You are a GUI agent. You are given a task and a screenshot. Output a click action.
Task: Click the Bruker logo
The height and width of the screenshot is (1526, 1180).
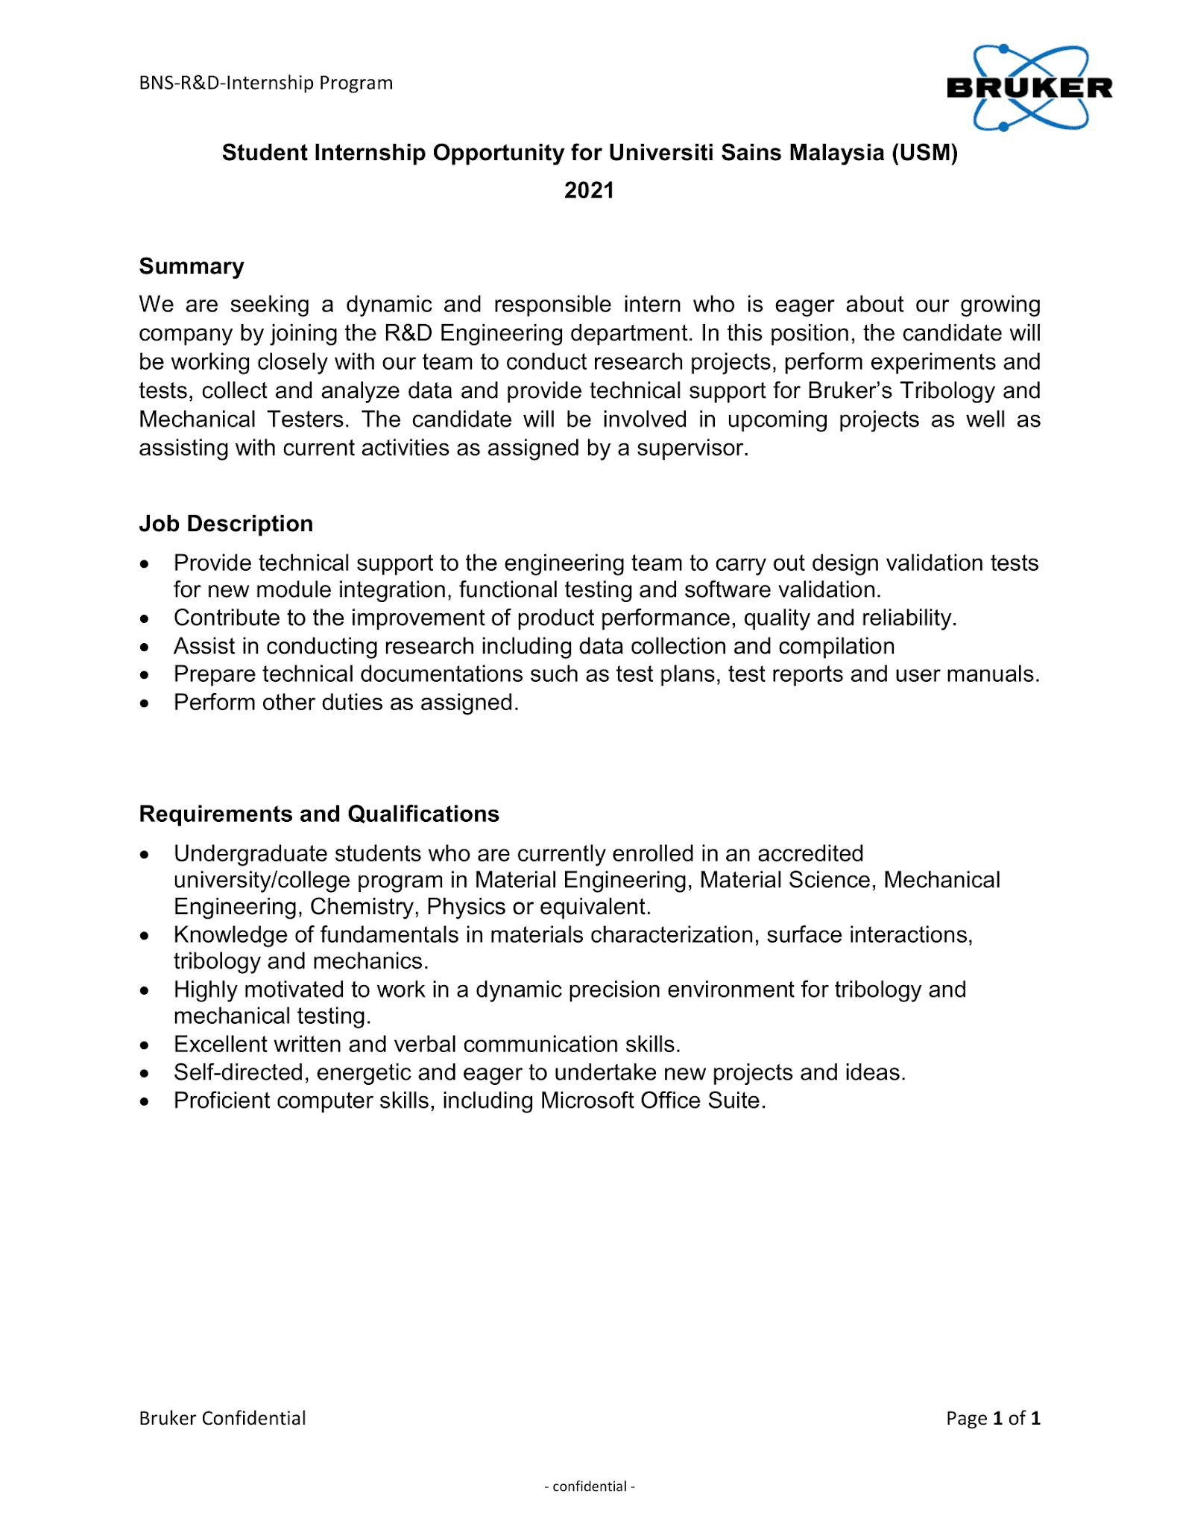1029,88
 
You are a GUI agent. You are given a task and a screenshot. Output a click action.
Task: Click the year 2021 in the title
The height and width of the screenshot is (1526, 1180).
589,190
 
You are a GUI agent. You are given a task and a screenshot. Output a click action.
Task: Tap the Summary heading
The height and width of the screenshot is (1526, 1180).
192,266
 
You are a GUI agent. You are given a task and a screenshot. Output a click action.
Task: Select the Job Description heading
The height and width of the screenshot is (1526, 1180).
226,523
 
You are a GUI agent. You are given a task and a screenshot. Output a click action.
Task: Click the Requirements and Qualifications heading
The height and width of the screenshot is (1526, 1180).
319,813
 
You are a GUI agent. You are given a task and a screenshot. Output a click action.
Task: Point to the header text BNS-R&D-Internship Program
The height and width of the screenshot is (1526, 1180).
265,83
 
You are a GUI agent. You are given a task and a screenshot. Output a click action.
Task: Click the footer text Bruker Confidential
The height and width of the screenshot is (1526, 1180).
222,1417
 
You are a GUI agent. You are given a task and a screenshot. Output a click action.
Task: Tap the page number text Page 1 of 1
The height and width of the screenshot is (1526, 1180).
993,1417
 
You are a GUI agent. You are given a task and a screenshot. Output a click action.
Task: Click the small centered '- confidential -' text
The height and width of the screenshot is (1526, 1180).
589,1486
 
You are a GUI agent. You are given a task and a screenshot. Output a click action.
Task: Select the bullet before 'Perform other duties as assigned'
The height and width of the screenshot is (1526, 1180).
145,703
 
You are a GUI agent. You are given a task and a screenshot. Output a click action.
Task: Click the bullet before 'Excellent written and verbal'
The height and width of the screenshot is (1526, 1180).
145,1045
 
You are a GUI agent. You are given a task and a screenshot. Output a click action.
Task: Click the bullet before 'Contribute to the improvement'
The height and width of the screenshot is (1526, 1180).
145,619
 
